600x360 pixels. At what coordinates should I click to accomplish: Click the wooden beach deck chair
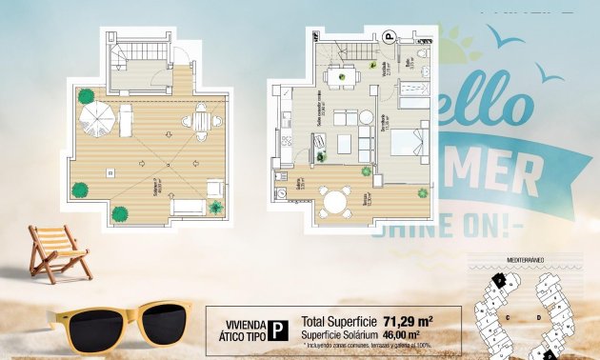point(57,252)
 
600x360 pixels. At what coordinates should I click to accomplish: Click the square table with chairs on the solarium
point(201,121)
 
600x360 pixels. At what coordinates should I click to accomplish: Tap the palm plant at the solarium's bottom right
point(216,207)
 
